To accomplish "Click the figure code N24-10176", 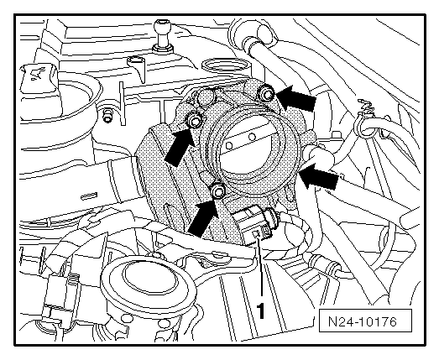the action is [x=363, y=321].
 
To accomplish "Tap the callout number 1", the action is [x=261, y=310].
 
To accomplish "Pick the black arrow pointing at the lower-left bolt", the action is [x=203, y=218].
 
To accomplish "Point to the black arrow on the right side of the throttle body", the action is [x=319, y=178].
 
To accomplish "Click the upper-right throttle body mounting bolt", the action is [x=266, y=94].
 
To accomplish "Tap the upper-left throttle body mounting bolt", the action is [x=194, y=120].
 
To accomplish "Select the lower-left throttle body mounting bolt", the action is [x=217, y=190].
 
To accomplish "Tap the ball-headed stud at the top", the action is [x=162, y=35].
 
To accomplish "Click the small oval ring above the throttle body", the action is [x=226, y=66].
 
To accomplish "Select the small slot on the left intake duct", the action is [x=89, y=196].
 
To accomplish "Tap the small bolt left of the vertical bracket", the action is [x=107, y=115].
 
